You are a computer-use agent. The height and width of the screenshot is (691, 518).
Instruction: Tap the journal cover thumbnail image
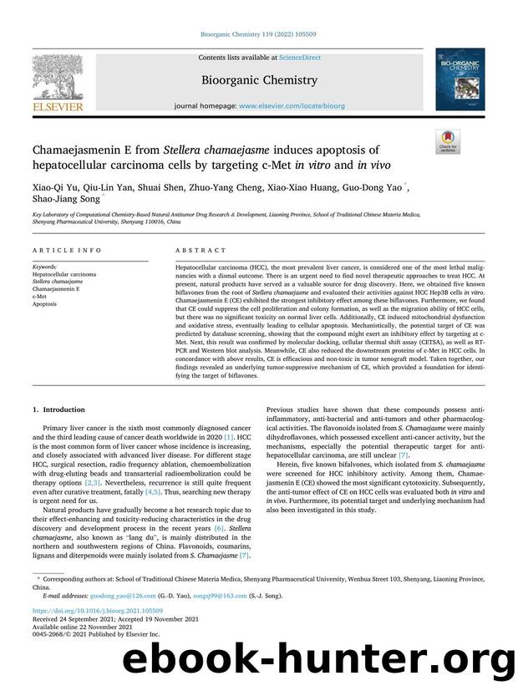[459, 79]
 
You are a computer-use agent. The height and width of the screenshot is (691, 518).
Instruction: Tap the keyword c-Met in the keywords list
[39, 295]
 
